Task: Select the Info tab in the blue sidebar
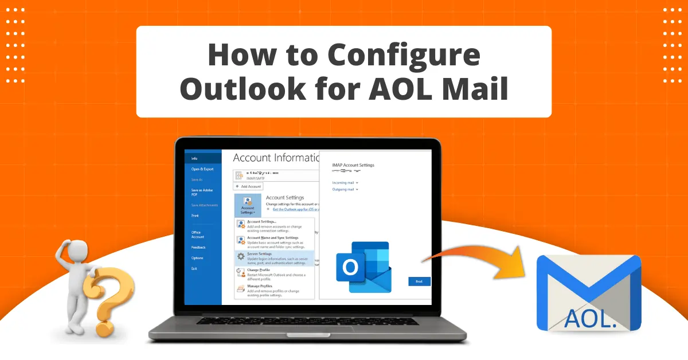194,158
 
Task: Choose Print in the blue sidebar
195,216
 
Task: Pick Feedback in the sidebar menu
198,247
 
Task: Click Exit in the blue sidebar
194,268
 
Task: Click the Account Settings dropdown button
247,205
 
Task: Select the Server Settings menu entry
260,253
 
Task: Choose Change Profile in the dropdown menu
259,269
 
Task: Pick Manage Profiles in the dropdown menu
260,285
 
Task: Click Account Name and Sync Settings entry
272,237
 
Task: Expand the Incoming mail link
345,182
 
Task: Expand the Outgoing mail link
345,189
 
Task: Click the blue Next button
419,281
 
